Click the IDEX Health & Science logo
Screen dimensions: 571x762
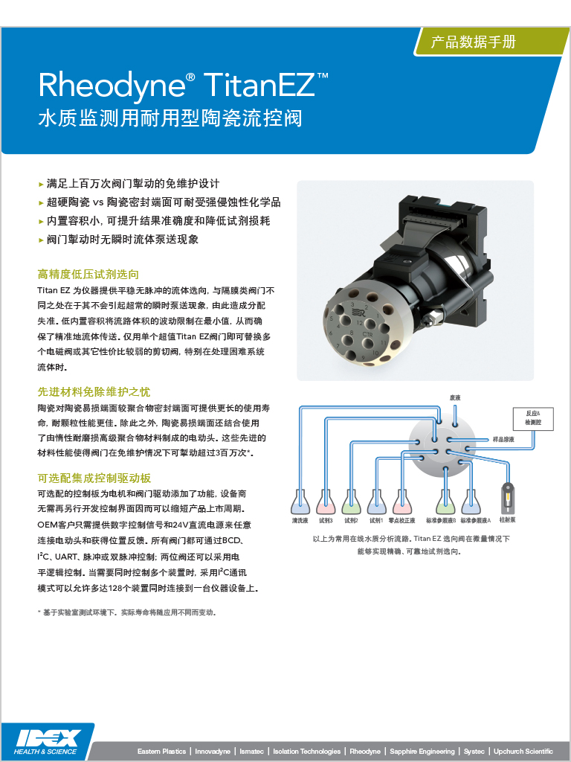click(x=47, y=742)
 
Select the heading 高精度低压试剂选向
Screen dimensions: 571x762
click(x=88, y=274)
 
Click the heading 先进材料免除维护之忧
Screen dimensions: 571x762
click(x=94, y=391)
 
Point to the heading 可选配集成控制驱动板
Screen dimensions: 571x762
click(x=94, y=478)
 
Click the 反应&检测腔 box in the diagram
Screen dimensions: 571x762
click(x=533, y=418)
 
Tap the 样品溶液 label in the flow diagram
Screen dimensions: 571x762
click(x=503, y=439)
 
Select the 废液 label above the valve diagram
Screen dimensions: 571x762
click(x=455, y=397)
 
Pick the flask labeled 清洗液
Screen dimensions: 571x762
click(x=300, y=502)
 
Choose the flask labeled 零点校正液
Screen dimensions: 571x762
click(x=402, y=502)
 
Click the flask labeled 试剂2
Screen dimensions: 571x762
click(x=351, y=502)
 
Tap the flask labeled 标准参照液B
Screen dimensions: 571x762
click(x=445, y=502)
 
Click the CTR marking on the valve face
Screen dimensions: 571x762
click(x=367, y=334)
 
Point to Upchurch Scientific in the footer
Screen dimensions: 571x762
click(x=523, y=752)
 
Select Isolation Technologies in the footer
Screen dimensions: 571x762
click(x=307, y=752)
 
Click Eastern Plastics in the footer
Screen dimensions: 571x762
click(x=161, y=752)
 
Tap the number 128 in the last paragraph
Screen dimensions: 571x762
click(x=115, y=588)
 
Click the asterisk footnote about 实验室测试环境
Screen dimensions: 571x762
click(x=126, y=612)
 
